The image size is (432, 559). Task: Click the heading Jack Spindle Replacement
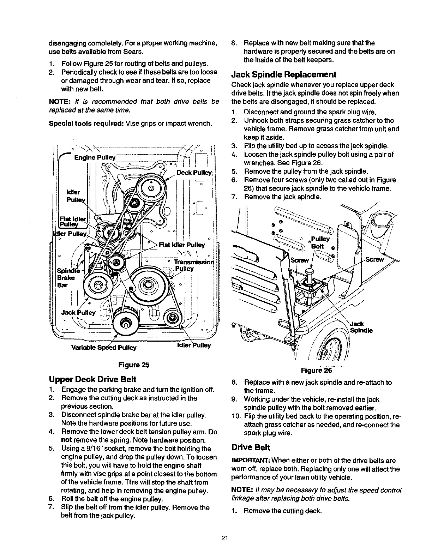click(x=284, y=74)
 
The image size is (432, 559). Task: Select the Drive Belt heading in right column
click(x=251, y=447)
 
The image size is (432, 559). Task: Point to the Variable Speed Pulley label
click(x=104, y=347)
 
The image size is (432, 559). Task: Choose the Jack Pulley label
click(x=78, y=312)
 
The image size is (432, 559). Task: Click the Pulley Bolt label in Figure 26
click(x=320, y=242)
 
